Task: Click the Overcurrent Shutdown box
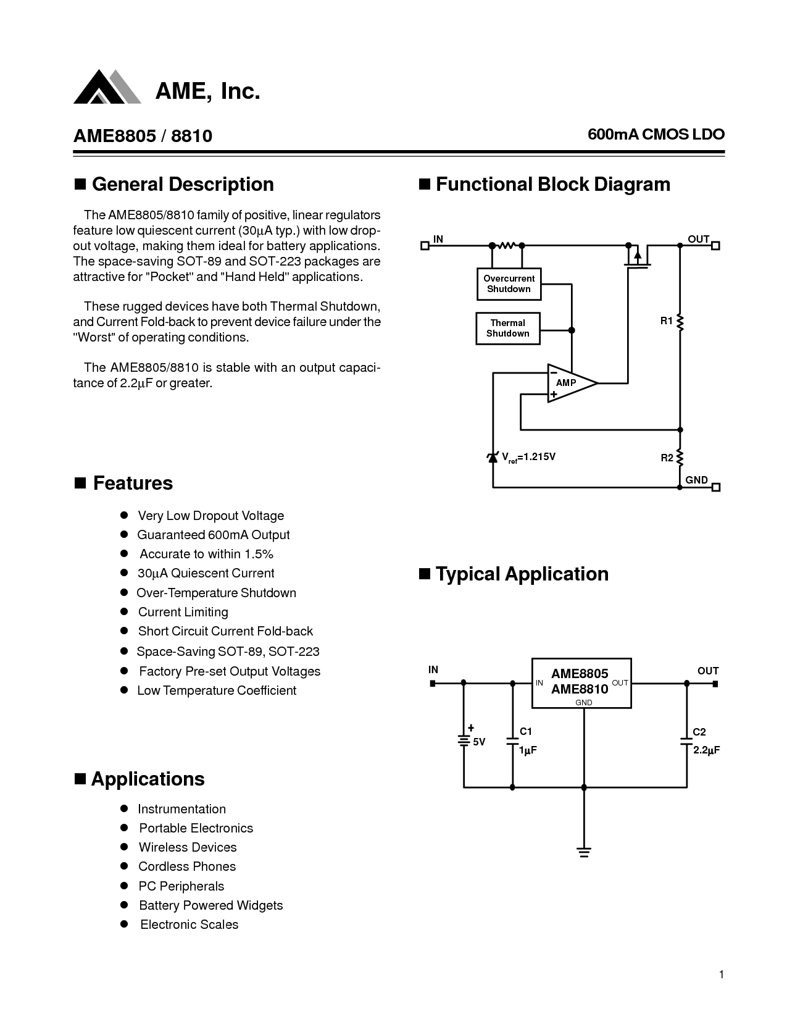click(x=509, y=284)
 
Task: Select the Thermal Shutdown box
click(x=507, y=329)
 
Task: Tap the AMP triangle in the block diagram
click(x=570, y=383)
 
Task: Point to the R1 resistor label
click(x=666, y=321)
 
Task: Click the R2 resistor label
click(x=667, y=458)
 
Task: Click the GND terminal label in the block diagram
click(x=697, y=480)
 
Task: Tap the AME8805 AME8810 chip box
click(x=581, y=682)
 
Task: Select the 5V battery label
click(x=479, y=742)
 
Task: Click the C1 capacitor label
click(x=526, y=732)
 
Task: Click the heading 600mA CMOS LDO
click(x=656, y=134)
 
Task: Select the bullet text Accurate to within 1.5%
click(x=206, y=554)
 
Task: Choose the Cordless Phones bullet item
click(x=187, y=866)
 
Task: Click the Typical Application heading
click(x=522, y=574)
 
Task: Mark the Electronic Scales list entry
click(x=189, y=925)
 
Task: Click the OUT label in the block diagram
click(x=699, y=239)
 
